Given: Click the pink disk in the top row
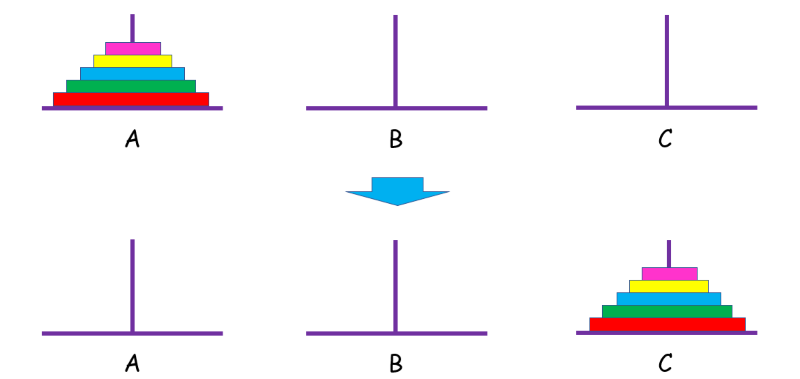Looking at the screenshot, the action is tap(133, 49).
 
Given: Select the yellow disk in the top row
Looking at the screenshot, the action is tap(133, 61).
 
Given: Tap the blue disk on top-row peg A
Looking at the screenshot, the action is tap(133, 74).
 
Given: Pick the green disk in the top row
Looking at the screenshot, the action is tap(131, 86).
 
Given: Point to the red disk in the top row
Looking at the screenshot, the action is tap(131, 99).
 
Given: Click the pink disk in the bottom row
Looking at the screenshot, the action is tap(670, 274).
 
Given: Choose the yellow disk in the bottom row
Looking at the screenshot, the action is tap(669, 286).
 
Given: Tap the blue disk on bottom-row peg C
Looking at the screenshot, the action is tap(669, 299).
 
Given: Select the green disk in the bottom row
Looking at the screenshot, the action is tap(667, 311).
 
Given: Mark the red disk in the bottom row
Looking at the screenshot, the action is tap(667, 324).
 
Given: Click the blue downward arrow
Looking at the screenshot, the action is tap(398, 191).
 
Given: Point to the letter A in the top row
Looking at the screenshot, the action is tap(133, 138).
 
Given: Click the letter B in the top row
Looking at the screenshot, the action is tap(396, 139).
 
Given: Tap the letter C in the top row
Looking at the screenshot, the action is tap(665, 138).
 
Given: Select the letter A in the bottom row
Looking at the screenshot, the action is tap(133, 363).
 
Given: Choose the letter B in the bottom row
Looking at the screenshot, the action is tap(396, 364).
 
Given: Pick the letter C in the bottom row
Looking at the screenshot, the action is tap(665, 363).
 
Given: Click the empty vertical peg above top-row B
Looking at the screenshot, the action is tap(395, 61).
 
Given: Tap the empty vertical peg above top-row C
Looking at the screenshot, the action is tap(667, 60).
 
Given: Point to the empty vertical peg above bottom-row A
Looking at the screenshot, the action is tap(133, 285).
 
